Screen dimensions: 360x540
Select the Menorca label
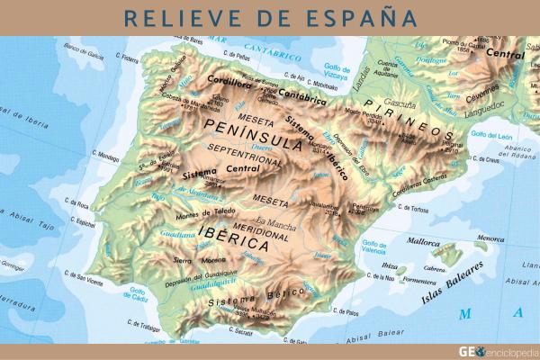point(490,238)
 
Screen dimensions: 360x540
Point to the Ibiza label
point(390,266)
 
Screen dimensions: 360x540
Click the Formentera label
point(418,280)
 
